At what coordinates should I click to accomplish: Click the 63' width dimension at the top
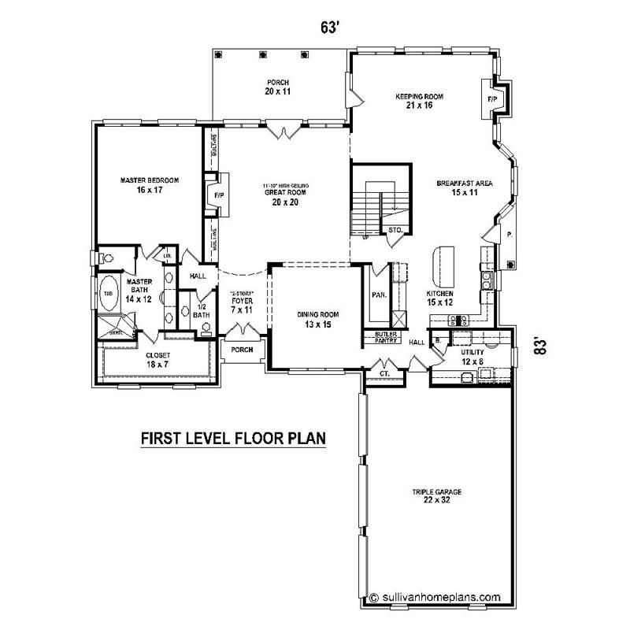pyautogui.click(x=328, y=27)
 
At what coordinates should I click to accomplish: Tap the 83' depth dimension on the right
pyautogui.click(x=540, y=347)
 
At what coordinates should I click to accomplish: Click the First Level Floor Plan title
pyautogui.click(x=233, y=439)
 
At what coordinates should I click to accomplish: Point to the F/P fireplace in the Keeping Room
pyautogui.click(x=492, y=100)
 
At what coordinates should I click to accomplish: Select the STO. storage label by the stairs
pyautogui.click(x=395, y=230)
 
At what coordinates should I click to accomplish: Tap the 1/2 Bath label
pyautogui.click(x=201, y=311)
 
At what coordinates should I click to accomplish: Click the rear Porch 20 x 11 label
pyautogui.click(x=277, y=87)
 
